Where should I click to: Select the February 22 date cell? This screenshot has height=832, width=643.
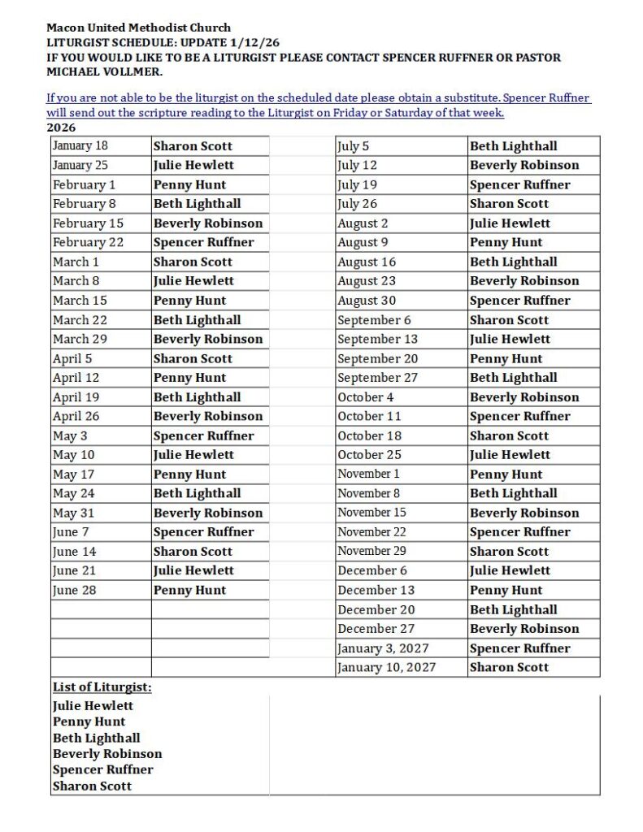pos(88,242)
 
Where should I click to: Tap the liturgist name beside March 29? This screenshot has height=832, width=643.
pos(208,339)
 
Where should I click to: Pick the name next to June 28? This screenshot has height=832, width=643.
pos(190,590)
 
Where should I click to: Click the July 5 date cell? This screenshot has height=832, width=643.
pos(354,146)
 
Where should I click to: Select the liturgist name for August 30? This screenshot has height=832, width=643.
pos(520,301)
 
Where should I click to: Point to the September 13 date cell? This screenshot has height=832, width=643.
pos(378,339)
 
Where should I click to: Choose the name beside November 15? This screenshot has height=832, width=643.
pos(524,513)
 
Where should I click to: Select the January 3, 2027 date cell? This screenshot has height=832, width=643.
pos(384,648)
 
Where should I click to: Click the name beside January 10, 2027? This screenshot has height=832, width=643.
pos(509,667)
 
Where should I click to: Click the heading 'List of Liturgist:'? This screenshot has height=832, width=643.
pos(102,687)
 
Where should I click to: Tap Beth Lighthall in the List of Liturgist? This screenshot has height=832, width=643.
pos(97,738)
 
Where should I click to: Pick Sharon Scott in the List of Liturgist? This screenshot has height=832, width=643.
pos(92,786)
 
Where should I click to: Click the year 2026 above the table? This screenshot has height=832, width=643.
pos(62,128)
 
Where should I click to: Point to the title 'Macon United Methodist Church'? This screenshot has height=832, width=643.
pos(138,28)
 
